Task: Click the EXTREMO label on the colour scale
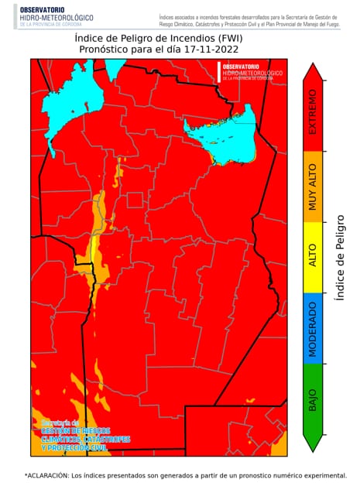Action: (313, 112)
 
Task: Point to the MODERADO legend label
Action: (313, 329)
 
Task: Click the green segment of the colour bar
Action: (313, 418)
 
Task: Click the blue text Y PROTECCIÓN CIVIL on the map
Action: (74, 448)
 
